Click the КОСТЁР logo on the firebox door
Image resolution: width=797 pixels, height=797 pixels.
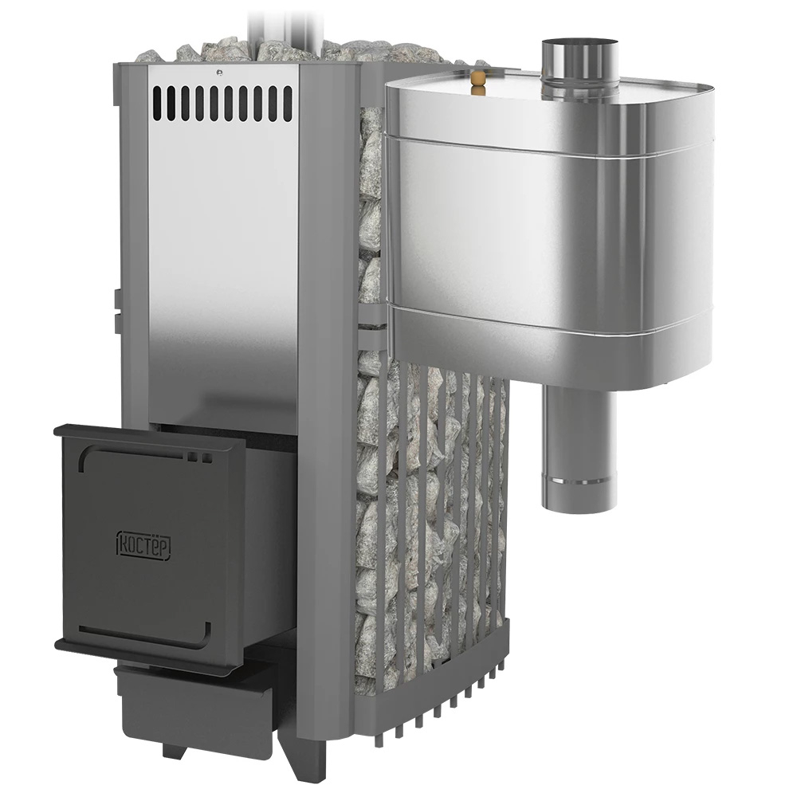coord(143,545)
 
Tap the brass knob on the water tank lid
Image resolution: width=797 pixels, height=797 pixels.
coord(477,81)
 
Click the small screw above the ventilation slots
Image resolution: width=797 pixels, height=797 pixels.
coord(218,72)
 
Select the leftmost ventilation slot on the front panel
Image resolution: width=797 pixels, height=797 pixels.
coord(157,103)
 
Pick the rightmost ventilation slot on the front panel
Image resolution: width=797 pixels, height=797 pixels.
coord(289,103)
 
